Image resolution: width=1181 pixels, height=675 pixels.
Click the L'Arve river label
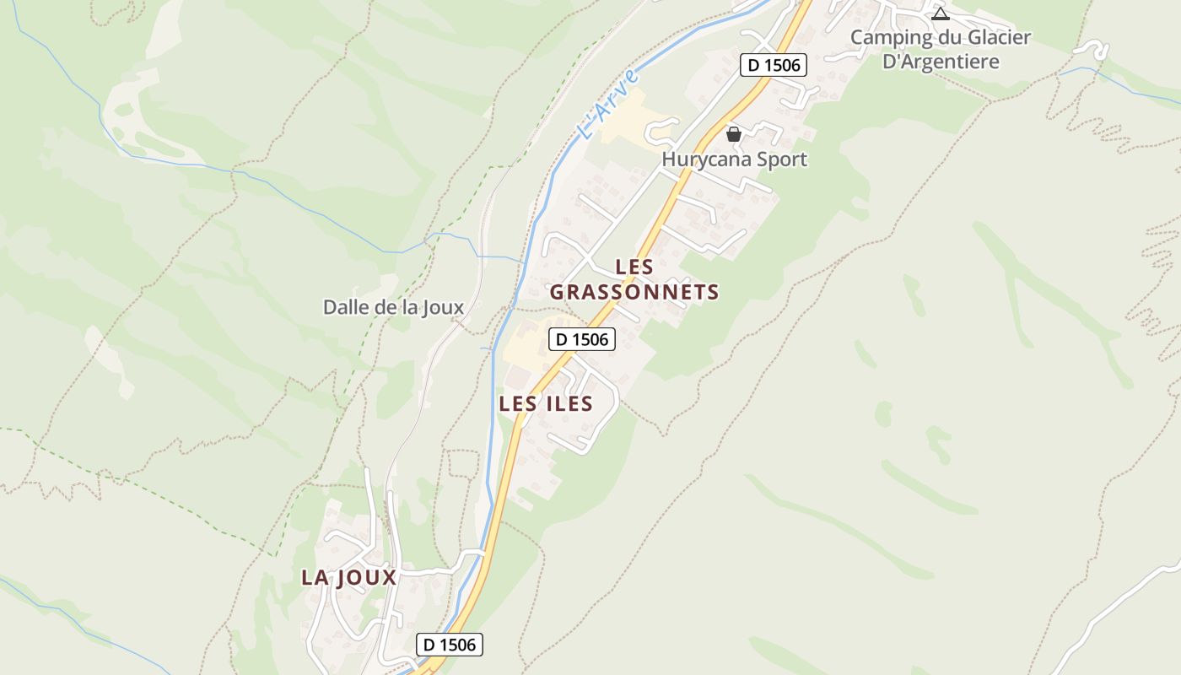point(607,105)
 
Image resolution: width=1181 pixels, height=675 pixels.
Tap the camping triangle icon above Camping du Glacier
point(940,13)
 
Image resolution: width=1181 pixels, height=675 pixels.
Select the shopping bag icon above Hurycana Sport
point(734,133)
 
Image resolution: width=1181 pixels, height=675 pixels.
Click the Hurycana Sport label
point(734,159)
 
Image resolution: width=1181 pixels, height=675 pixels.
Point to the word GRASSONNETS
point(634,293)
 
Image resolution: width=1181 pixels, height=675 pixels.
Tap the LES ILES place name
point(546,404)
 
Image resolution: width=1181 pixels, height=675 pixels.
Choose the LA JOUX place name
point(348,578)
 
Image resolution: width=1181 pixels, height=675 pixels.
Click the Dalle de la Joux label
point(393,307)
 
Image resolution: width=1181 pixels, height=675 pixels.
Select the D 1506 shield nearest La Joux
point(450,645)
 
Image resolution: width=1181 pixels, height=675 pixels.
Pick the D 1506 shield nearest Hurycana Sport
point(774,65)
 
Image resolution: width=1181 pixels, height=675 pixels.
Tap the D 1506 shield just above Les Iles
point(582,340)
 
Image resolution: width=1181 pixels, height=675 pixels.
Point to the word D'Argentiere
point(941,62)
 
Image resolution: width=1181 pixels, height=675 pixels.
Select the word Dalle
point(345,307)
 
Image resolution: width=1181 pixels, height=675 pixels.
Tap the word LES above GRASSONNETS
point(634,267)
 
